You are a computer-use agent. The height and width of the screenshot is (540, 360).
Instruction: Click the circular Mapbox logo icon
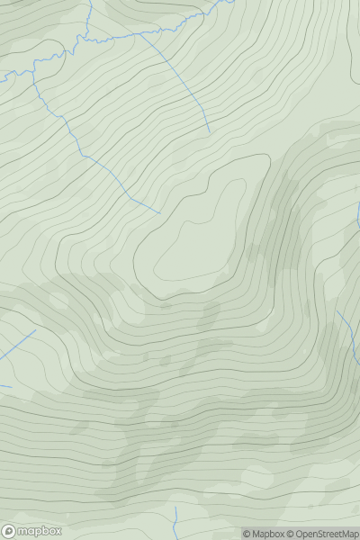point(10,532)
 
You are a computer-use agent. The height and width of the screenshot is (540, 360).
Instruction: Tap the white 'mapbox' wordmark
point(38,532)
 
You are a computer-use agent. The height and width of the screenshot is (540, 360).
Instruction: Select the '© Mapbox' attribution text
point(263,534)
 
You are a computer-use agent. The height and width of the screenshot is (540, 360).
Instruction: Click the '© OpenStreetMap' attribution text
point(322,534)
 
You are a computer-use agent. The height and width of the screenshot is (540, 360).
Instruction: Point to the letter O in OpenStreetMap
point(299,534)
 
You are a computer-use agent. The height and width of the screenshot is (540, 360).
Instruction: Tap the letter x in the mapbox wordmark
point(57,532)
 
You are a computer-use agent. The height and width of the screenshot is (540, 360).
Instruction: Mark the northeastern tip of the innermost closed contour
point(241,182)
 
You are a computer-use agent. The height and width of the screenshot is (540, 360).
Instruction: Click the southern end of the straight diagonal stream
point(210,134)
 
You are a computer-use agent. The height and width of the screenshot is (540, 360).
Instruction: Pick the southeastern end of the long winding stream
point(160,213)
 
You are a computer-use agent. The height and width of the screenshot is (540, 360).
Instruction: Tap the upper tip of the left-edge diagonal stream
point(35,330)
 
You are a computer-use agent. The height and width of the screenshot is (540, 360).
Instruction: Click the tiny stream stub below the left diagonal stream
point(4,386)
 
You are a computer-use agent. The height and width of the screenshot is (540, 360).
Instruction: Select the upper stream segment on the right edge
point(358,214)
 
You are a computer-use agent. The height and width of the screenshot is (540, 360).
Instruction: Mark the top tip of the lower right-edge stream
point(338,311)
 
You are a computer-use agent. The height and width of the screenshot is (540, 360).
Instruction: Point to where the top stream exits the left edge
point(2,77)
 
